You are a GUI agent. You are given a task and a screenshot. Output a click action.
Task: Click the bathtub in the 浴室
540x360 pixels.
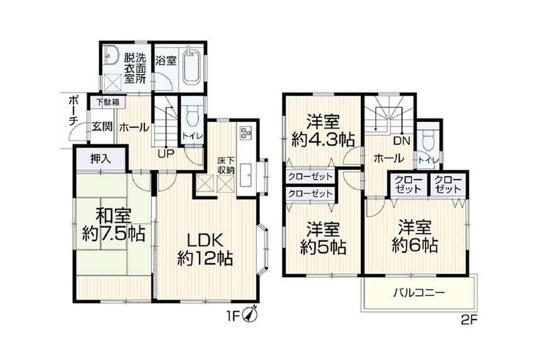point(191,66)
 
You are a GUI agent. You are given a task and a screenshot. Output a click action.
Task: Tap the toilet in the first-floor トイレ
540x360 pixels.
point(192,117)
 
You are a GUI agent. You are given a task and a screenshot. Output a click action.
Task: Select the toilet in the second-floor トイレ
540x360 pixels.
point(428,140)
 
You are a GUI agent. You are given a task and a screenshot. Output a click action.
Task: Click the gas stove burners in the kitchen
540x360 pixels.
point(246,133)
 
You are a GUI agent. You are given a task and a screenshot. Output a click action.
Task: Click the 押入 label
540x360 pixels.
point(100,159)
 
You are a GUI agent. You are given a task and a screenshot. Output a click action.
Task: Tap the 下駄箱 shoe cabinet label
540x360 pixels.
point(106,102)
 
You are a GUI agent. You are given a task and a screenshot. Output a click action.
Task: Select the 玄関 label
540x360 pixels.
point(102,126)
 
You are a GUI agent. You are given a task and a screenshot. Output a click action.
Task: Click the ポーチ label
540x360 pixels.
point(73,109)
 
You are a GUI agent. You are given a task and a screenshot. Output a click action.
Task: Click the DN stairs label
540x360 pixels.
point(401,141)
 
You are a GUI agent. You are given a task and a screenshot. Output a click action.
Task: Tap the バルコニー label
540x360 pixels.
point(419,293)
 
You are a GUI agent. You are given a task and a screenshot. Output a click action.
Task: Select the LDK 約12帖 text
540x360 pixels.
point(205,249)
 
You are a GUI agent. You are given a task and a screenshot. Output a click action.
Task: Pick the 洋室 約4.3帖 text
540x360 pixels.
point(323,131)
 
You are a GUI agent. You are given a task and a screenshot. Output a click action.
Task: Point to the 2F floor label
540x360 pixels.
point(469,321)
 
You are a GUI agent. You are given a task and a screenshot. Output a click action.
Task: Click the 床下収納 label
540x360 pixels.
point(226,166)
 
